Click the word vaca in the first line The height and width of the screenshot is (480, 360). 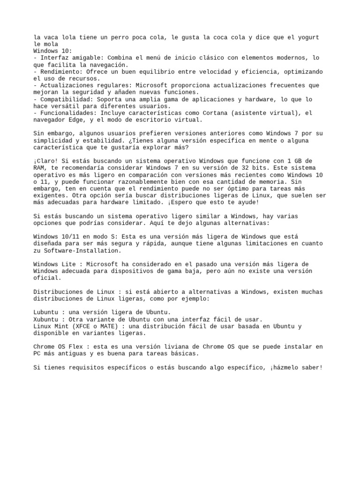(x=51, y=37)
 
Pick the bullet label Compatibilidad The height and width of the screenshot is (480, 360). (x=65, y=99)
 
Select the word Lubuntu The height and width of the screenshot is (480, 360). (x=47, y=312)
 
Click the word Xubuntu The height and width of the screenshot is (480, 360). (x=47, y=319)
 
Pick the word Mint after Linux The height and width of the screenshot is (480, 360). (x=63, y=326)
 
